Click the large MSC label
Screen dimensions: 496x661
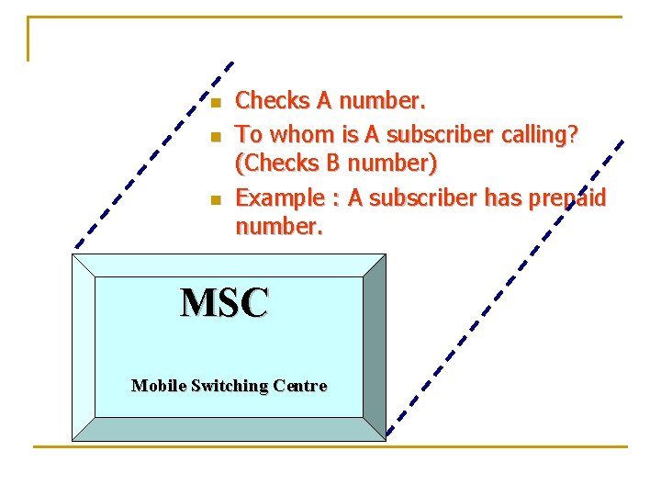(x=225, y=302)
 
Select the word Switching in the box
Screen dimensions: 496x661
(x=226, y=386)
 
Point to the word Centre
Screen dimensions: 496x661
(x=297, y=386)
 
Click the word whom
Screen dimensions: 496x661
(x=301, y=135)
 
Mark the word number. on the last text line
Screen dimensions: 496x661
(x=279, y=225)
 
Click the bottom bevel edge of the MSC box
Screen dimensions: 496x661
(x=230, y=429)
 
